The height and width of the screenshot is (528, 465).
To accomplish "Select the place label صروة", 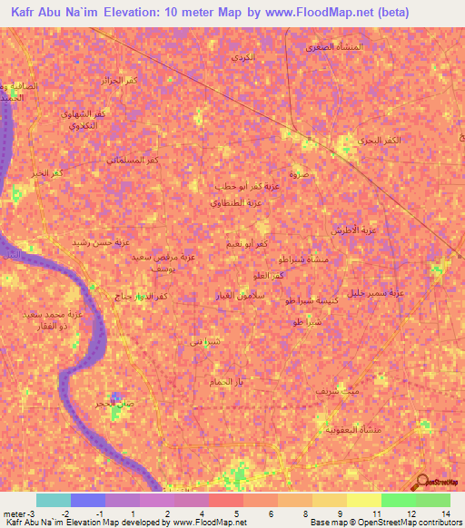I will pos(299,172).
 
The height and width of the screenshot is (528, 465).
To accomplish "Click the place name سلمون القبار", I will pos(216,298).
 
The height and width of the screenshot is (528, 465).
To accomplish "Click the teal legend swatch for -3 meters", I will pos(54,500).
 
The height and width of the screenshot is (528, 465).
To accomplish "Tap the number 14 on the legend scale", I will pos(445,513).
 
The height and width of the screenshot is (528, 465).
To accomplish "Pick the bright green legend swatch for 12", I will pos(399,500).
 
